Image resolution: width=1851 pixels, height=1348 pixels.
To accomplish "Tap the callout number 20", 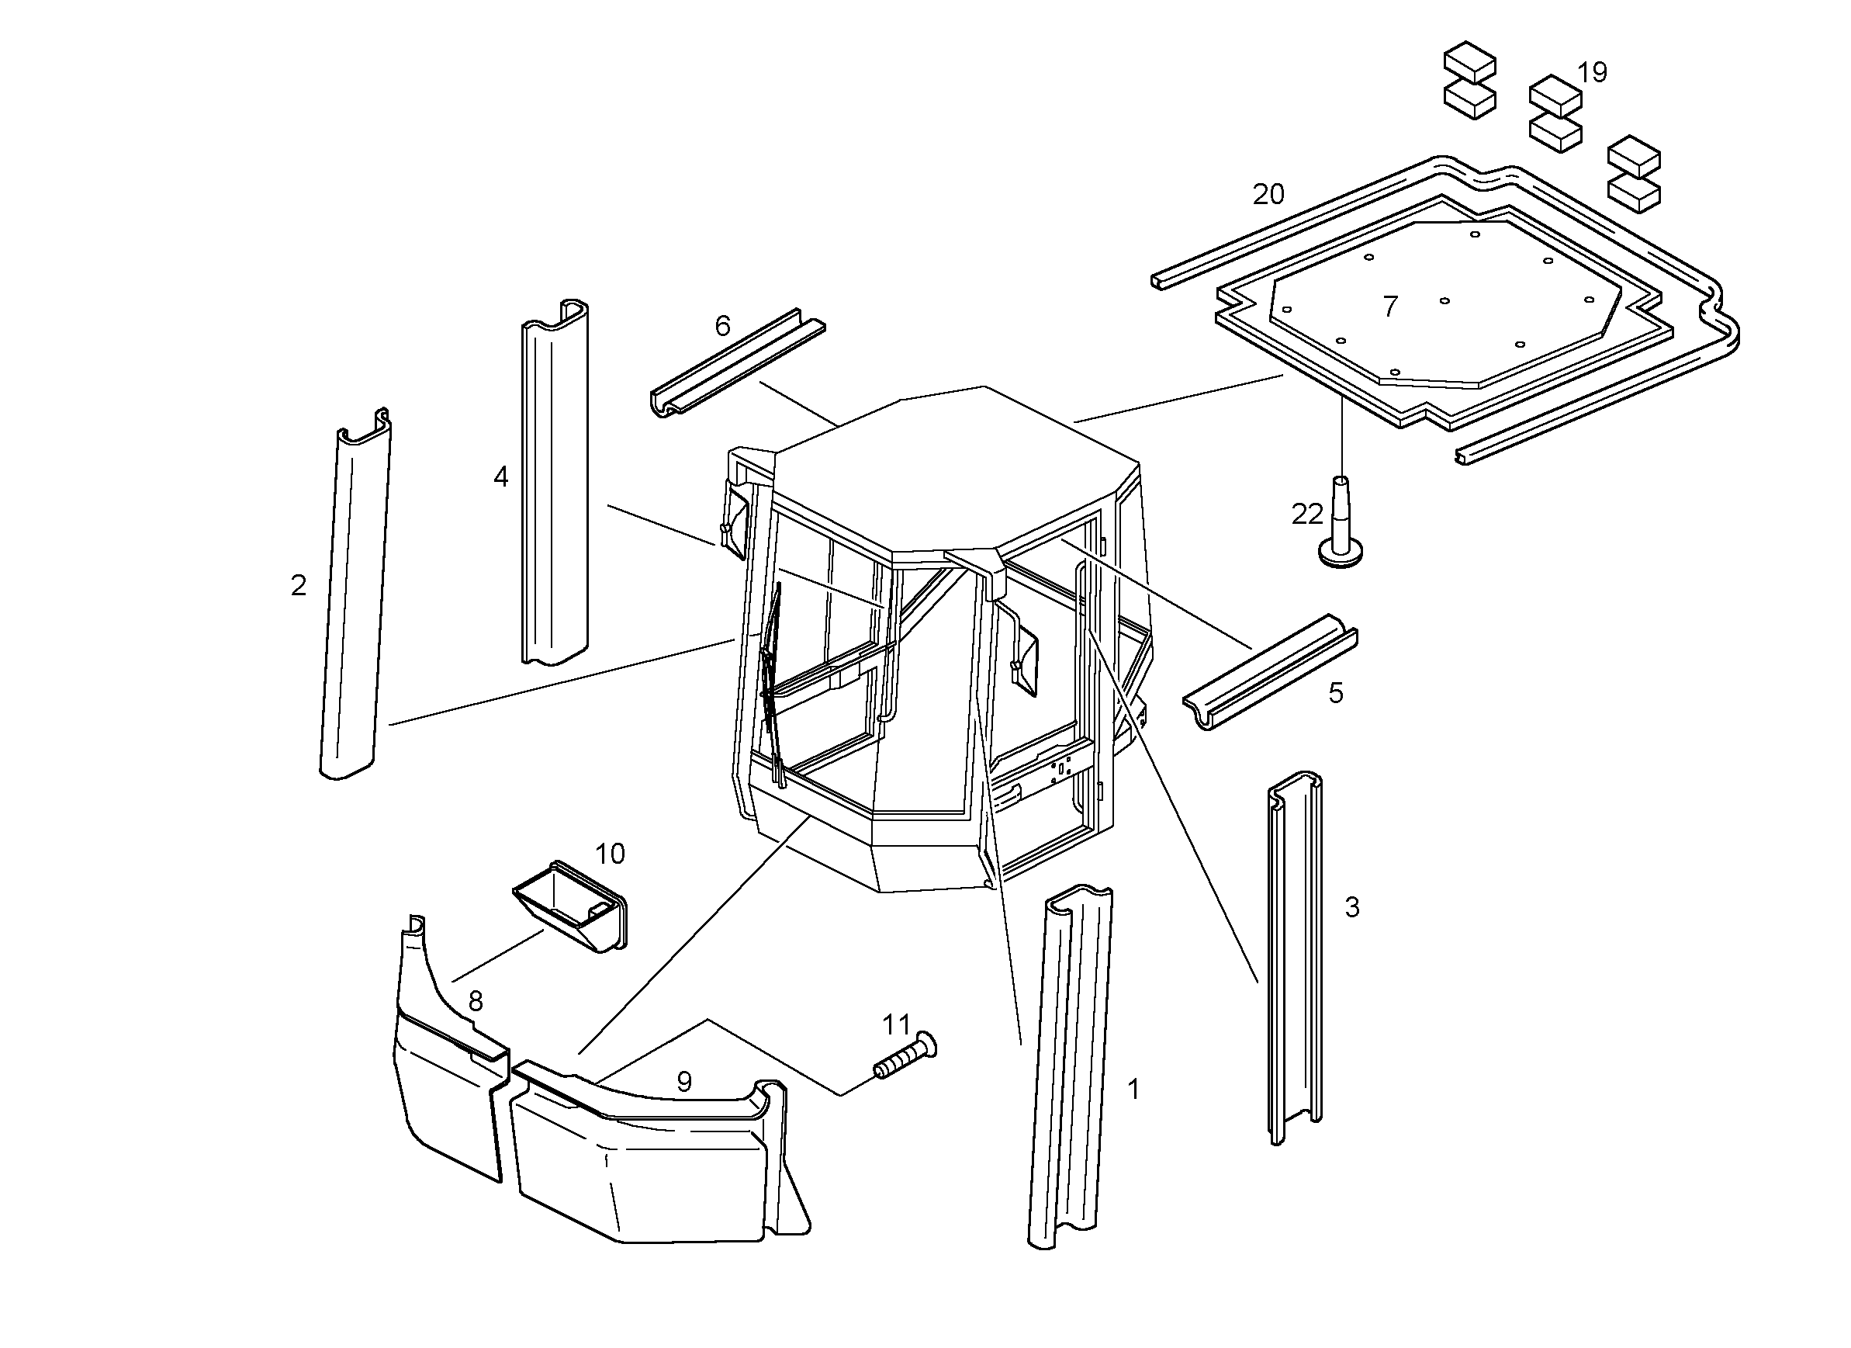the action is pyautogui.click(x=1268, y=194).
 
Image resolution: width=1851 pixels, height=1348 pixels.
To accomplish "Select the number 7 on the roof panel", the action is pyautogui.click(x=1391, y=307).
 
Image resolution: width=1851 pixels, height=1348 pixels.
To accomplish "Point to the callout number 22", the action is pyautogui.click(x=1306, y=515).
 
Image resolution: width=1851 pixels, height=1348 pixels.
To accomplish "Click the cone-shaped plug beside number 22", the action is pyautogui.click(x=1341, y=522).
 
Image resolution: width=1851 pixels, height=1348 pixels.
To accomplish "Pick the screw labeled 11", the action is pyautogui.click(x=905, y=1056).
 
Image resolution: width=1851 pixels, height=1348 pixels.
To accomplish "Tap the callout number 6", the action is pyautogui.click(x=722, y=326).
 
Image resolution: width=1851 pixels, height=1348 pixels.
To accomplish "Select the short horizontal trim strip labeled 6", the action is pyautogui.click(x=737, y=362).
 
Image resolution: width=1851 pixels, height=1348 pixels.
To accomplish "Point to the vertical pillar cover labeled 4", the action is pyautogui.click(x=555, y=483).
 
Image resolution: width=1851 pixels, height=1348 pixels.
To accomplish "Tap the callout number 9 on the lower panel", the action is pyautogui.click(x=684, y=1082).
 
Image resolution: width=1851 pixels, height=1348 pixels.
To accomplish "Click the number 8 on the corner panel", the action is pyautogui.click(x=476, y=1001).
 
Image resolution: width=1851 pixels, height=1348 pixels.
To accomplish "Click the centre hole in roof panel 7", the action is pyautogui.click(x=1444, y=300).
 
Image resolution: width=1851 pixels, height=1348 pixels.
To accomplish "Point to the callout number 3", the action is pyautogui.click(x=1352, y=907).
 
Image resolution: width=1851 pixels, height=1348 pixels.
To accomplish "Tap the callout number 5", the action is pyautogui.click(x=1335, y=693).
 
